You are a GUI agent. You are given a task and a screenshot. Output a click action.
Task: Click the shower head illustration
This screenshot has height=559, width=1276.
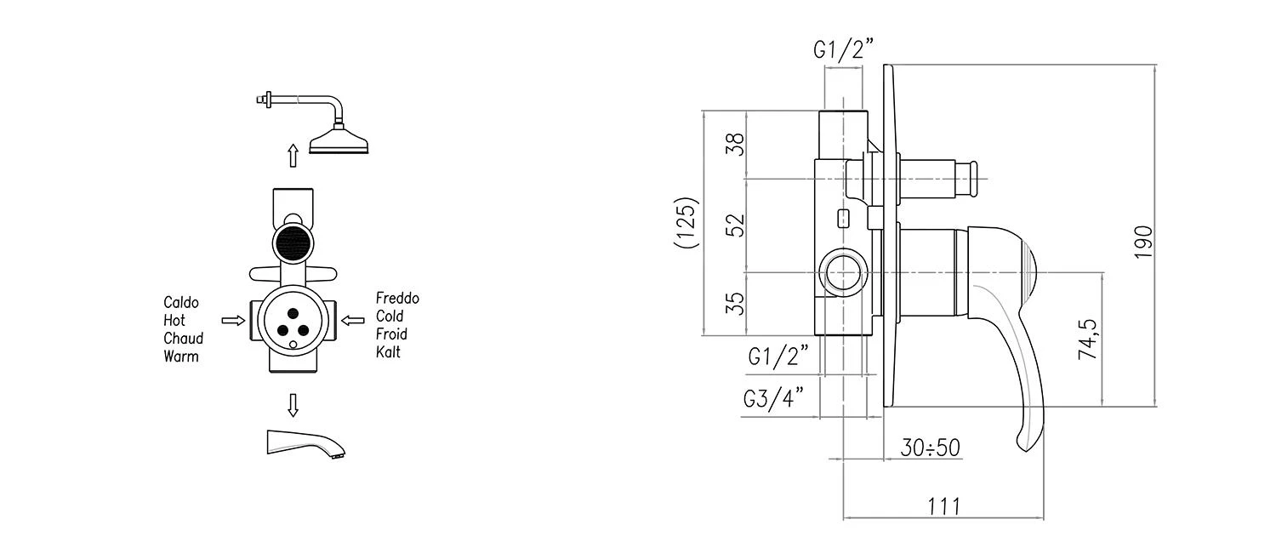(x=313, y=123)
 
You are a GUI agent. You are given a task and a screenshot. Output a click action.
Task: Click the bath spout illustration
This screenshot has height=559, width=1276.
(x=306, y=443)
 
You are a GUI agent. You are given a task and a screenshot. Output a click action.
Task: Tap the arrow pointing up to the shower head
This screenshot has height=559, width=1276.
(x=293, y=156)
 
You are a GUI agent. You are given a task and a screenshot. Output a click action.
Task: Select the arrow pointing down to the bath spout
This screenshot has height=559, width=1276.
(x=293, y=405)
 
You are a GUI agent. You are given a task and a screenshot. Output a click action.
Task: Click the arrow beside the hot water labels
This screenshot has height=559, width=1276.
(x=233, y=321)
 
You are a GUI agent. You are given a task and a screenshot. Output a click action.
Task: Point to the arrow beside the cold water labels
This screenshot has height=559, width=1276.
(x=353, y=321)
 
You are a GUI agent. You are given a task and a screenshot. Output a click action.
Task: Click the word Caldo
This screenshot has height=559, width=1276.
(x=181, y=303)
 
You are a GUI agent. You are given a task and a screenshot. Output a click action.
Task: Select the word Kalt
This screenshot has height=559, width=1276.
(x=388, y=352)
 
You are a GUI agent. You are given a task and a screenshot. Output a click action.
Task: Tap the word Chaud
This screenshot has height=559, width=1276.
(x=184, y=339)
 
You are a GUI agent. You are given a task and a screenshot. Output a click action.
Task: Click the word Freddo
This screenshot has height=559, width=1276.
(x=397, y=298)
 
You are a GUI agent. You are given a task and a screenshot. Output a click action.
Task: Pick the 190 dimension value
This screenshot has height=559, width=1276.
(x=1143, y=242)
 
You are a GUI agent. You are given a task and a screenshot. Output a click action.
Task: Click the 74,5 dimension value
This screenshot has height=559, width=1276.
(x=1087, y=339)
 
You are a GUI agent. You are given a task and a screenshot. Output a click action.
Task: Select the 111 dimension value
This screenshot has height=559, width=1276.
(x=944, y=506)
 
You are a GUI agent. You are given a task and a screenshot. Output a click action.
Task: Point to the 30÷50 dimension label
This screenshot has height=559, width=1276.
(x=931, y=448)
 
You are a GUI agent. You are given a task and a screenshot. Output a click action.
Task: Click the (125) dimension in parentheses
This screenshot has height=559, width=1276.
(x=686, y=222)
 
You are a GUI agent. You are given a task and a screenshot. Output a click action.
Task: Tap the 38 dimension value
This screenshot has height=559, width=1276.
(x=735, y=144)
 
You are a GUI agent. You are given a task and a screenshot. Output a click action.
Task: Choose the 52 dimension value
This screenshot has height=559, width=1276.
(x=735, y=225)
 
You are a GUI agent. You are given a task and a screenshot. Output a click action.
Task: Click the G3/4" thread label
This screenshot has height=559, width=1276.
(x=774, y=398)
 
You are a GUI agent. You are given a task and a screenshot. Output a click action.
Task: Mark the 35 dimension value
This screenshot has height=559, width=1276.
(x=735, y=304)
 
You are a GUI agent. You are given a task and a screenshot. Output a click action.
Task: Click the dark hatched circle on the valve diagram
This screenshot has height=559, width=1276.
(x=293, y=243)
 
